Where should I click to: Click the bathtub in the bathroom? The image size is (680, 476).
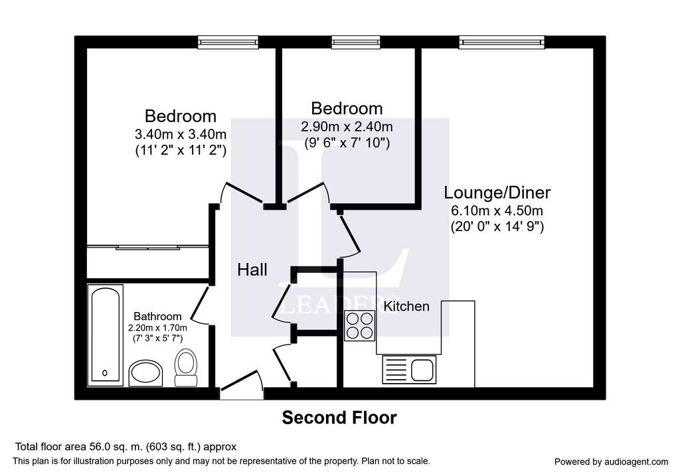[x=106, y=335]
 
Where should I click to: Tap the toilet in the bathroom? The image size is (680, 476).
[x=186, y=368]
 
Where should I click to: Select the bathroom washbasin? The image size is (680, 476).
[x=145, y=373]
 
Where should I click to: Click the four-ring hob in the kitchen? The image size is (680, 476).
[x=359, y=325]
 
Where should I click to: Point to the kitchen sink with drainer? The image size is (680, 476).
[x=409, y=370]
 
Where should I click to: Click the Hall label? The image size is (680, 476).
[x=252, y=270]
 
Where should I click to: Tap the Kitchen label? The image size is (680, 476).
[x=406, y=306]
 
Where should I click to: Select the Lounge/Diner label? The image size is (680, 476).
[x=497, y=193]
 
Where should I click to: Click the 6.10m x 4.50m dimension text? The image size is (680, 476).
[x=497, y=210]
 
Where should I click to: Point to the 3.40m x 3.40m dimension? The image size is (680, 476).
[x=181, y=134]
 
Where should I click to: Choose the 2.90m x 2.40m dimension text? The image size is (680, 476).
[x=347, y=127]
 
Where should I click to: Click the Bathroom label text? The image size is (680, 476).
[x=157, y=316]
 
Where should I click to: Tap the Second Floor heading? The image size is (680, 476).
[x=339, y=418]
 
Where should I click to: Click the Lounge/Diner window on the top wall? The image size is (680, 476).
[x=502, y=42]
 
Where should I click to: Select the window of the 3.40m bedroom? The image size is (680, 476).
[x=228, y=42]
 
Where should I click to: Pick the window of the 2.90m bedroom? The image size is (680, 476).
[x=356, y=42]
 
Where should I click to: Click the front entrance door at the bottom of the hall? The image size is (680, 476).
[x=242, y=385]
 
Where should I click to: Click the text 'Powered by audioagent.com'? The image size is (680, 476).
[x=611, y=461]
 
